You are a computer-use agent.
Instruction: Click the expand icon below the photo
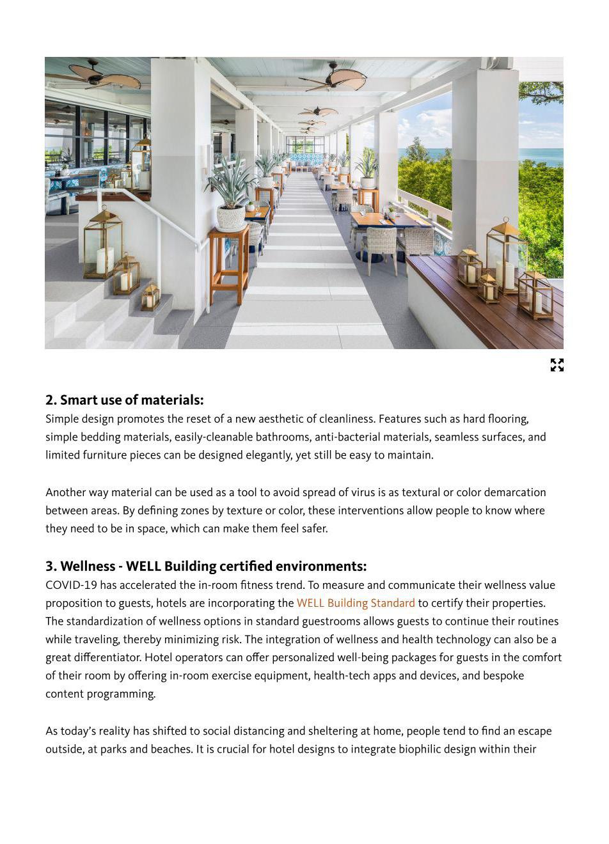tap(557, 365)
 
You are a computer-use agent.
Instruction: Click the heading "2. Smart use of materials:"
tap(124, 400)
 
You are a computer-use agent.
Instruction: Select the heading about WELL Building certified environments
tap(206, 567)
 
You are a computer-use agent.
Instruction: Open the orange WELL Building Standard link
tap(356, 603)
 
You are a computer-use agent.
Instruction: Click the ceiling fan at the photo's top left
tap(102, 78)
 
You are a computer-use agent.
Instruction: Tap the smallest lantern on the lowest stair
tap(150, 298)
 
